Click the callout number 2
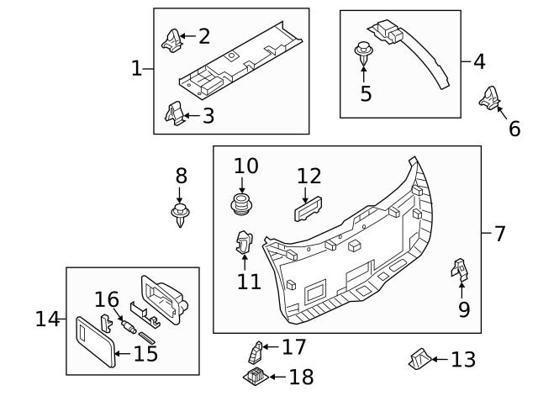point(204,36)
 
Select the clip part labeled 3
point(174,114)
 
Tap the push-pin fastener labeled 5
point(364,52)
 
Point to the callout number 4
point(479,61)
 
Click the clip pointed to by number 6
point(489,98)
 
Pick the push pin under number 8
point(181,214)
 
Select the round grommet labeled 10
point(241,203)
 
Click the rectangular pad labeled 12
point(308,209)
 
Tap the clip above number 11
point(244,243)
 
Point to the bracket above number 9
point(460,269)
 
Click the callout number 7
point(499,234)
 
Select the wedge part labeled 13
point(420,359)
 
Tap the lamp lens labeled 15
point(95,341)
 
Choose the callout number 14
point(47,319)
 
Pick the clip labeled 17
point(256,352)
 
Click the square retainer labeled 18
point(256,376)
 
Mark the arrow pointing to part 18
point(278,377)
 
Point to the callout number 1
point(136,68)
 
